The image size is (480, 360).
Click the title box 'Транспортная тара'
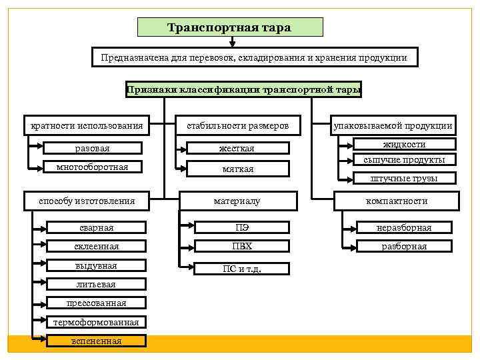click(x=230, y=27)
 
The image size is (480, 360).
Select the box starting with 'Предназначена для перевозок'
click(x=255, y=57)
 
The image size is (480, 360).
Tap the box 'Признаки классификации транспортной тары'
click(x=243, y=89)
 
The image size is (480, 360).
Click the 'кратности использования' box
click(x=87, y=125)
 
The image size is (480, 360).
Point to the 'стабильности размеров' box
click(x=237, y=125)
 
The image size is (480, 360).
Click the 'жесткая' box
click(x=237, y=148)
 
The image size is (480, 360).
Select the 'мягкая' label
click(x=237, y=169)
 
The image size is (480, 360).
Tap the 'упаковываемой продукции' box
click(x=394, y=125)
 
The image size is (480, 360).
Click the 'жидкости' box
click(x=404, y=144)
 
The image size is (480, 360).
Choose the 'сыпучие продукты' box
click(x=404, y=160)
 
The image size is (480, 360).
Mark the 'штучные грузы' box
click(x=404, y=178)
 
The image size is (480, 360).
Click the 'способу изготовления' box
click(x=87, y=201)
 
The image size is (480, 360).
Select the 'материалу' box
click(x=237, y=201)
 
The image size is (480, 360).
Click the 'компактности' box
click(x=397, y=201)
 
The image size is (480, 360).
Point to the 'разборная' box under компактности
click(x=404, y=246)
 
